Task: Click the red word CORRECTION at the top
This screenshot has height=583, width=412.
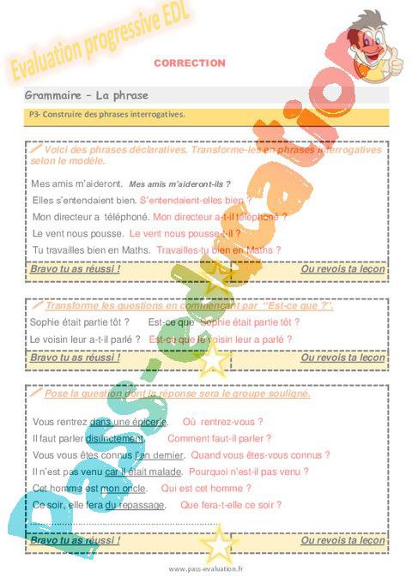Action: [189, 63]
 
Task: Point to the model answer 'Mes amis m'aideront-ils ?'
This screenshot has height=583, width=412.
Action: [179, 183]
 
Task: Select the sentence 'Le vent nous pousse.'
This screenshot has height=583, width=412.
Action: [77, 233]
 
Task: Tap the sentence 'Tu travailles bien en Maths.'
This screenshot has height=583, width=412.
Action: [91, 249]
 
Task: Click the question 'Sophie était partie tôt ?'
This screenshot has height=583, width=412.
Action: [80, 322]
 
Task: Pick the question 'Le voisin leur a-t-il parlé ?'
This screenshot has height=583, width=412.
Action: [85, 340]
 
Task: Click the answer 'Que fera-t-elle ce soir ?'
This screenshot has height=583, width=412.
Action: [230, 505]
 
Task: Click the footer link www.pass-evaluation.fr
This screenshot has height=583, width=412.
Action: [206, 568]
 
